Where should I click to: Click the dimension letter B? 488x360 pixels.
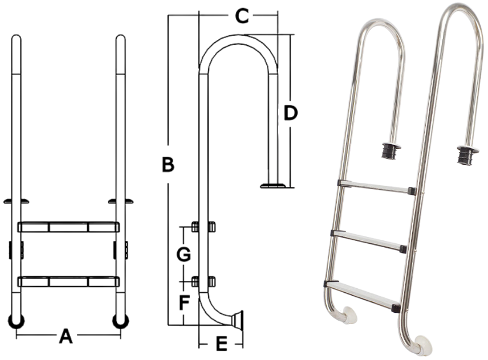(x=168, y=165)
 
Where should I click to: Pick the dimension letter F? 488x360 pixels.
(x=184, y=303)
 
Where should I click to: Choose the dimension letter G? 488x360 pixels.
(x=183, y=255)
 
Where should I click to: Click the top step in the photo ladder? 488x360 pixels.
(x=376, y=186)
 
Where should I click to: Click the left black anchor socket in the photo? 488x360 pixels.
(x=391, y=151)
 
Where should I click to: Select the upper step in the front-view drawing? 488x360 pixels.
(x=68, y=227)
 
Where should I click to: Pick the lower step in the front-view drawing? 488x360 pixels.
(x=68, y=281)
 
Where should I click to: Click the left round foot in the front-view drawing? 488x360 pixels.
(x=17, y=321)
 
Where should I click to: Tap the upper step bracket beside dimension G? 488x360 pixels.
(x=202, y=227)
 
